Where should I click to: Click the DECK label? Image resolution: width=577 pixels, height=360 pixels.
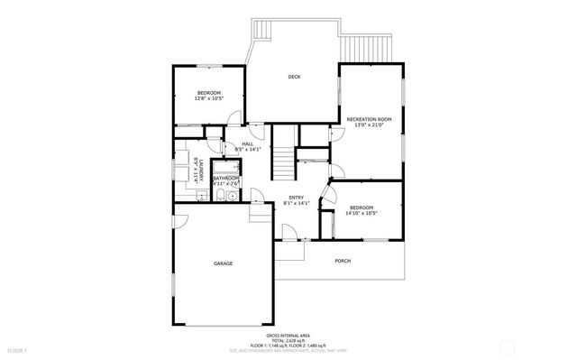(x=294, y=77)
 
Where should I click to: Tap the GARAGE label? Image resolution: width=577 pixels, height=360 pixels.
(x=223, y=263)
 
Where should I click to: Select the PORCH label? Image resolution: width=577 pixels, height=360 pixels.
(x=343, y=262)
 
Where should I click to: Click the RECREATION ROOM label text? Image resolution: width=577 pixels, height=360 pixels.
(x=369, y=119)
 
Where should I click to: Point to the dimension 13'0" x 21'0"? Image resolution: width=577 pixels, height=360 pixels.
(x=369, y=126)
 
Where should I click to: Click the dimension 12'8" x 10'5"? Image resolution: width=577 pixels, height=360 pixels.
(x=208, y=98)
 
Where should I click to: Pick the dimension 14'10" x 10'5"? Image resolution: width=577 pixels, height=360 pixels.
(x=361, y=214)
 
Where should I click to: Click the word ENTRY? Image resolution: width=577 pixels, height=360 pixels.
(x=296, y=198)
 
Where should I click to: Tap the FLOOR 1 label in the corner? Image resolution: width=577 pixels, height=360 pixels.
(x=17, y=349)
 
